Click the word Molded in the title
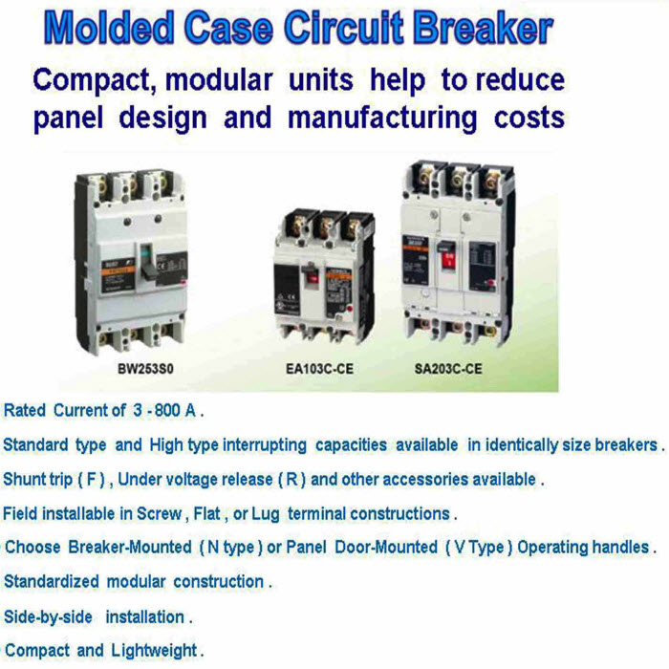pyautogui.click(x=109, y=28)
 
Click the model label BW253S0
pyautogui.click(x=145, y=369)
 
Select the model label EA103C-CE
pyautogui.click(x=319, y=369)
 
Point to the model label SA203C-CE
pyautogui.click(x=448, y=369)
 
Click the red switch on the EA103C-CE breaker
pyautogui.click(x=312, y=278)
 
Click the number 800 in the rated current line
pyautogui.click(x=167, y=410)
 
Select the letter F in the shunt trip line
pyautogui.click(x=92, y=479)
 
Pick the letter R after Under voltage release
pyautogui.click(x=291, y=479)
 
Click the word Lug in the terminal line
pyautogui.click(x=266, y=514)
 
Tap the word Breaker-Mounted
pyautogui.click(x=130, y=547)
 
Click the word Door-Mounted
pyautogui.click(x=386, y=547)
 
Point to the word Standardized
pyautogui.click(x=52, y=581)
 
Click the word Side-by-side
pyautogui.click(x=48, y=617)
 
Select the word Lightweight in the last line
pyautogui.click(x=154, y=651)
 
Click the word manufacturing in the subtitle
pyautogui.click(x=382, y=118)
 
